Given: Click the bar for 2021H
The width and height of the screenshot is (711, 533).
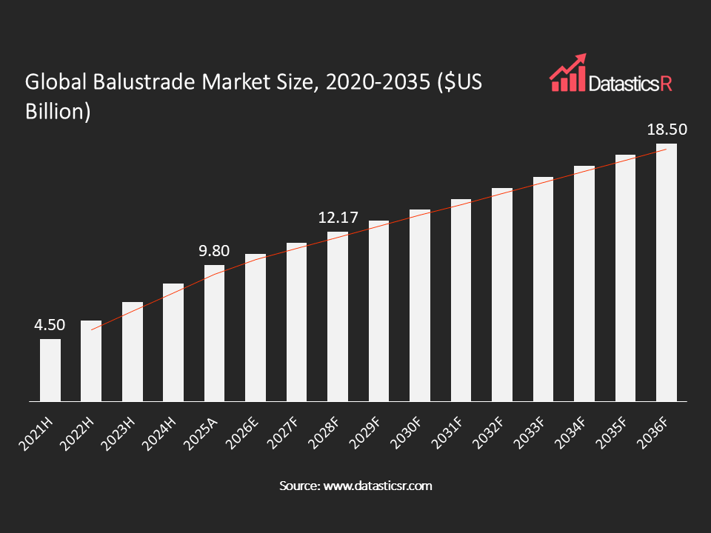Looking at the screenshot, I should (50, 370).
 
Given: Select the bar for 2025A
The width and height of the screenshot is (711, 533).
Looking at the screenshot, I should (215, 333).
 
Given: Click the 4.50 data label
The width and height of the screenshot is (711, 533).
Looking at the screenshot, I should (50, 325).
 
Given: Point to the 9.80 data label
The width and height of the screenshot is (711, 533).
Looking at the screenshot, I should (214, 251).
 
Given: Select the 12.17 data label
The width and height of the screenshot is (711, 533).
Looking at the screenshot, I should (338, 218).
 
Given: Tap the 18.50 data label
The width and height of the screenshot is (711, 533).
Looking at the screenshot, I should (667, 130).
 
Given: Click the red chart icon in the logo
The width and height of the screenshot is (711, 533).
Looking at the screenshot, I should (567, 73).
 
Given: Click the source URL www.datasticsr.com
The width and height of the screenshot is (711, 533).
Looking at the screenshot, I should (376, 486).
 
